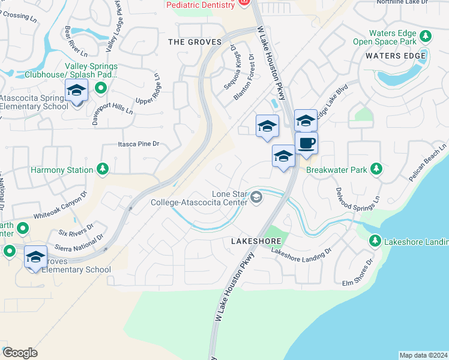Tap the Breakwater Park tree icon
376,170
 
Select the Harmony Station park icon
103,170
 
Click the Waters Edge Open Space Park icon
426,37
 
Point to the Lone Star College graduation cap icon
256,197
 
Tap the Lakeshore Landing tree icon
375,241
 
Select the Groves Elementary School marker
35,257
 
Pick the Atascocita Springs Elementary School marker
76,91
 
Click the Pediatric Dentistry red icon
243,3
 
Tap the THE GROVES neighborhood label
194,42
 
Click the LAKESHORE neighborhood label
256,241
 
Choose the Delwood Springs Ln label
357,191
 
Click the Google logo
20,353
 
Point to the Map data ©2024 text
423,355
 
